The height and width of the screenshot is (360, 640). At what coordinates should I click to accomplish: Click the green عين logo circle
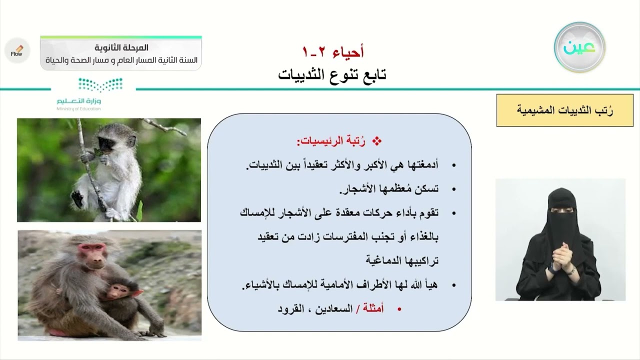point(579,47)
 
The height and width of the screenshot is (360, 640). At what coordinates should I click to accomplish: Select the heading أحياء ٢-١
point(333,51)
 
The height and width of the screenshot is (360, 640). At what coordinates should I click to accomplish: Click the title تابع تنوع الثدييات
point(332,75)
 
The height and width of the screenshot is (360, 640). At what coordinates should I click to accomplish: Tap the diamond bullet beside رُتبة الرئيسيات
point(378,141)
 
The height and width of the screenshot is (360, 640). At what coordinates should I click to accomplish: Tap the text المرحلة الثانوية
point(121,48)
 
